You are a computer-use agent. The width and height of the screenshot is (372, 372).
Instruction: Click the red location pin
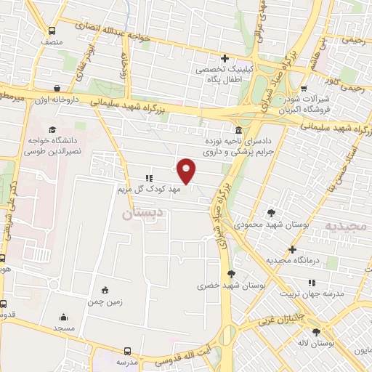click(187, 170)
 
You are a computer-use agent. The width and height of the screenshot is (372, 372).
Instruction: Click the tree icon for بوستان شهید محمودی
click(271, 213)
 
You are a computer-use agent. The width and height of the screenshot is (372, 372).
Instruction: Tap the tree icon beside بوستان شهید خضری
click(232, 274)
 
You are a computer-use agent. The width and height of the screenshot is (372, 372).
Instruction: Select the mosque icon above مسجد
click(63, 317)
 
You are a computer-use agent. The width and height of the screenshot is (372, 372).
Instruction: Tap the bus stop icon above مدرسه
click(128, 349)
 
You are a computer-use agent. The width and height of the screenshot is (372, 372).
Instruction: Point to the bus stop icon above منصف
click(51, 31)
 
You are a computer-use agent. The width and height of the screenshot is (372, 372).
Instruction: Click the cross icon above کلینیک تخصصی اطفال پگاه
click(225, 58)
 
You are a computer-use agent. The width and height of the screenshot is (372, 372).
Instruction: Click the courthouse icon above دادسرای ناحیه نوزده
click(239, 130)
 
